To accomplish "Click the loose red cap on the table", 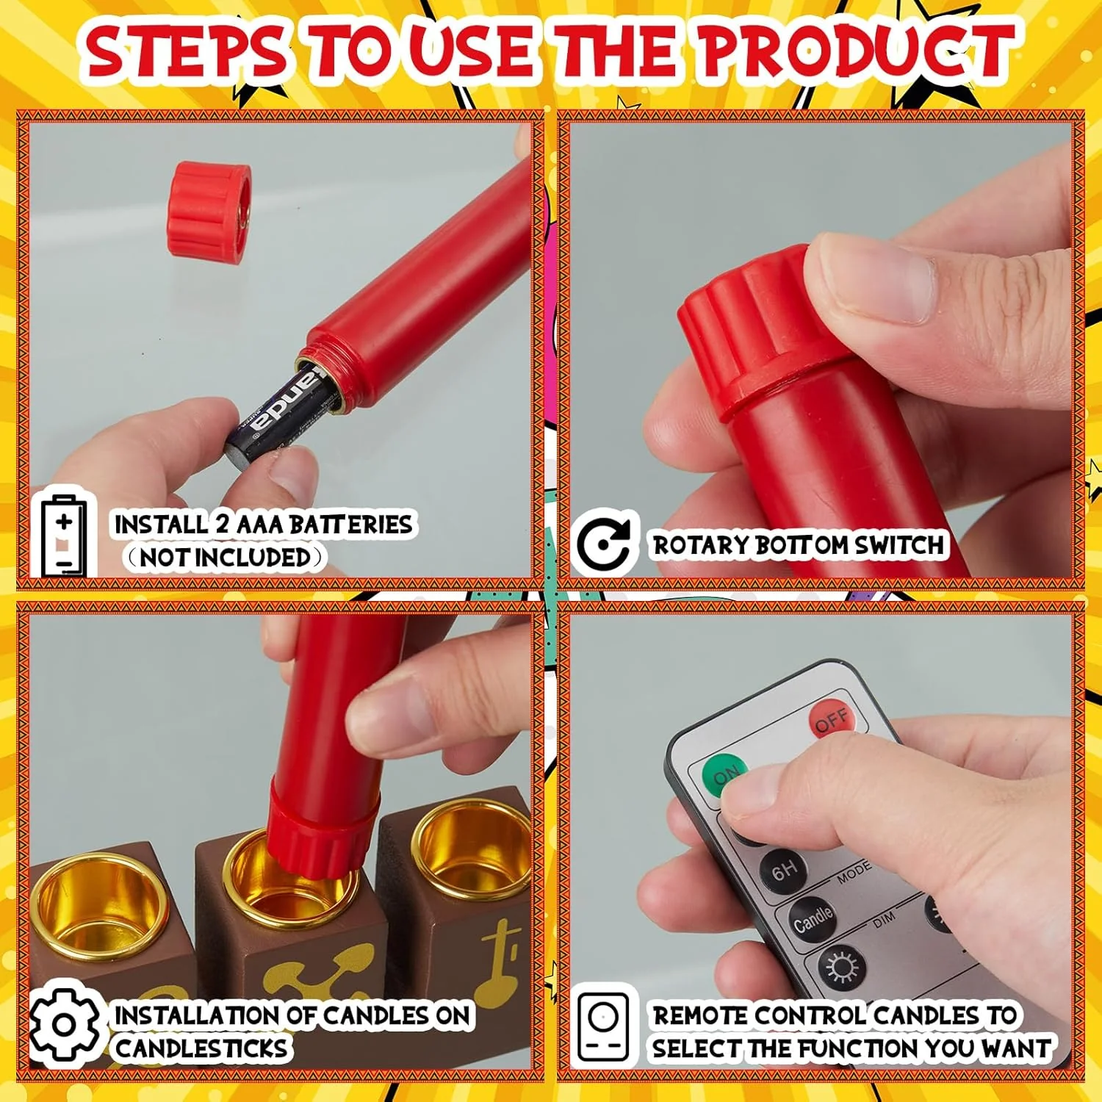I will point(209,210).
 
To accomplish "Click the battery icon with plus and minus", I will point(64,534).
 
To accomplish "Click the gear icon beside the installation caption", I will point(65,1024).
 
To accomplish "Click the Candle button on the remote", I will point(813,918).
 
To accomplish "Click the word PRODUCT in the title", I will point(857,51).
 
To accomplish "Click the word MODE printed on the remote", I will point(854,872).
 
